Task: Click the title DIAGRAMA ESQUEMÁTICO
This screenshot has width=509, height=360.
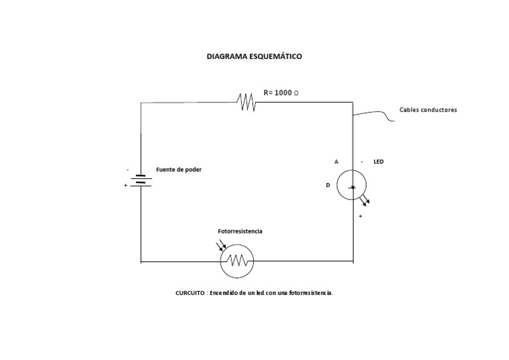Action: point(254,57)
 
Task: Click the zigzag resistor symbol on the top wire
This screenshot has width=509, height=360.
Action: point(247,102)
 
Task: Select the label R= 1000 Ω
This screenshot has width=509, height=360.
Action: point(281,93)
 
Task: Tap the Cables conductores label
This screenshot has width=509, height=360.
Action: point(428,109)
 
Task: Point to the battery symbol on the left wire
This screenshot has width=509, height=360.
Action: point(141,180)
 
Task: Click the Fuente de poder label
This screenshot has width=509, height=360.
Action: point(179,170)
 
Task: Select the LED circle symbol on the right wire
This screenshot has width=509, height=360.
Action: point(351,186)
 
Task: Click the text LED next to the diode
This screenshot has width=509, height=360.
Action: point(378,161)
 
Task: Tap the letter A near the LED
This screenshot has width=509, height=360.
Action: point(336,161)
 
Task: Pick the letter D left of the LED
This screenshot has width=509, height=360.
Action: point(327,186)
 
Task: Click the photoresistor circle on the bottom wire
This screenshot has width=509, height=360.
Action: point(237,261)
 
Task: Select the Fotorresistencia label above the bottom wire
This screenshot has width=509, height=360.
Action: point(240,231)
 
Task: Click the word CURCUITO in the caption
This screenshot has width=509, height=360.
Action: point(190,292)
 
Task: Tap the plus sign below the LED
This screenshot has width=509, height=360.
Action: point(361,216)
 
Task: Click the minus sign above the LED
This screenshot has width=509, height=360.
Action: point(362,161)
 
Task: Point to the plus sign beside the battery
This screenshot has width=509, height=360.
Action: point(125,186)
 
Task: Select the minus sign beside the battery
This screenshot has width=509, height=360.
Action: point(128,170)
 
